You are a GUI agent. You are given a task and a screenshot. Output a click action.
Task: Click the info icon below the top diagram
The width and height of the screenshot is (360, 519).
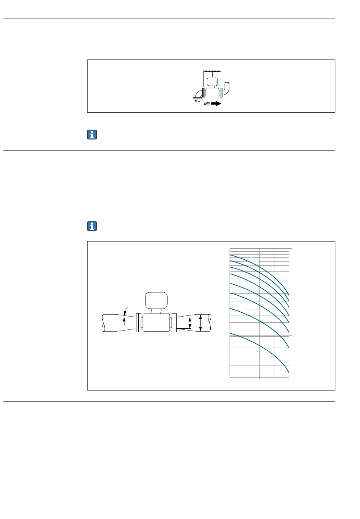click(92, 134)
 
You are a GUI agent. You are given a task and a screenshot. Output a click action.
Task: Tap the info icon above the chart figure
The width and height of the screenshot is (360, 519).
click(92, 226)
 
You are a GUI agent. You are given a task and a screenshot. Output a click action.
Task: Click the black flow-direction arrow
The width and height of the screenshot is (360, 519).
click(216, 103)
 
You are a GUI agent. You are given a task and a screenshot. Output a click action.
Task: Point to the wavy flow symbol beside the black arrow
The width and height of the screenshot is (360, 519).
click(207, 103)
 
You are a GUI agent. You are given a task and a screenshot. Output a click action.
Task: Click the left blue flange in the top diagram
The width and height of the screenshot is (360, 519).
click(203, 93)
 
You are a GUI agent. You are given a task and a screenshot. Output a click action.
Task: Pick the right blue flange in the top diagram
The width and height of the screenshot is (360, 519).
click(221, 93)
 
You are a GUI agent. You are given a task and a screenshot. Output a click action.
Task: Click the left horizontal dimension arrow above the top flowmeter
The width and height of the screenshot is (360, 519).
click(208, 71)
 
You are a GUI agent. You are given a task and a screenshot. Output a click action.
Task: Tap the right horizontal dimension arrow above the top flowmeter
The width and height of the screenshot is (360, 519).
click(217, 71)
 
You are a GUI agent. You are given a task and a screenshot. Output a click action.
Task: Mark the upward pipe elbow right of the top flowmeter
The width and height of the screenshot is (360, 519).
click(228, 88)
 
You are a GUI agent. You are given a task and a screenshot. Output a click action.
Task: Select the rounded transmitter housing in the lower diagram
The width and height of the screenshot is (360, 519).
click(156, 300)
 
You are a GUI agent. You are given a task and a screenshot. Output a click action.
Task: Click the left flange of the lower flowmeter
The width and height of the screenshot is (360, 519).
click(138, 323)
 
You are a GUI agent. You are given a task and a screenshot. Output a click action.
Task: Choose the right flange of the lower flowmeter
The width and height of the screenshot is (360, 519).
click(174, 323)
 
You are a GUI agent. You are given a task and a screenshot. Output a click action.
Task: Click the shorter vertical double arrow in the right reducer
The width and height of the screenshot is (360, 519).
click(190, 323)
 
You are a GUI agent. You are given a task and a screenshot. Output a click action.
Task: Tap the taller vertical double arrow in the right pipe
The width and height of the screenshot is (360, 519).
click(200, 323)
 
